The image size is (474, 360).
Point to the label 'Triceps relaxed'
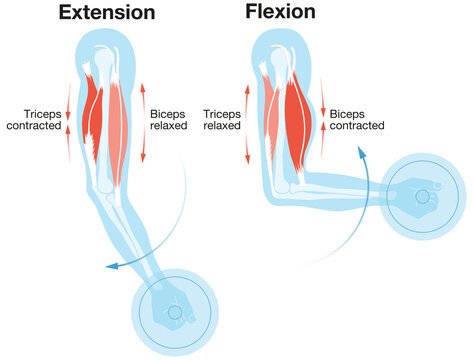222,120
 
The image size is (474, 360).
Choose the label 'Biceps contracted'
360,120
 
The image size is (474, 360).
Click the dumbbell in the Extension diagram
174,313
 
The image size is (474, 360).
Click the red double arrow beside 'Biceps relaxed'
142,120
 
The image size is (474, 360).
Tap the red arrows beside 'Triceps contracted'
68,120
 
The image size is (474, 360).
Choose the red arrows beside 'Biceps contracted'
322,120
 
